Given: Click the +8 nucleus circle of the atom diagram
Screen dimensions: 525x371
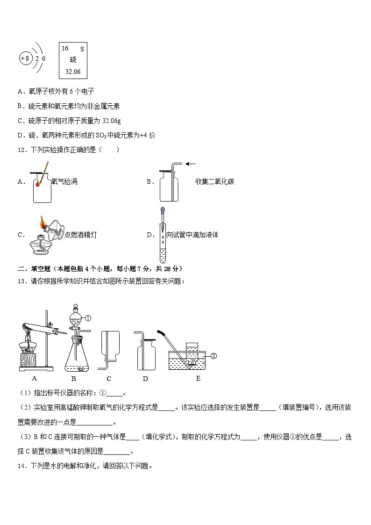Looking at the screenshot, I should [25, 59].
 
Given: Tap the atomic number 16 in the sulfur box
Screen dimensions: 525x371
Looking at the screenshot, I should [65, 49].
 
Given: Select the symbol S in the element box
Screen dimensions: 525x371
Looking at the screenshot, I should [82, 49].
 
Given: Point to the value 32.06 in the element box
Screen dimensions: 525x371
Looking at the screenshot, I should [73, 72].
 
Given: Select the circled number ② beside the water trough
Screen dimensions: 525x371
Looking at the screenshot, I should [214, 356].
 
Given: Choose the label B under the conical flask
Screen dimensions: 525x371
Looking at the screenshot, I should [73, 378].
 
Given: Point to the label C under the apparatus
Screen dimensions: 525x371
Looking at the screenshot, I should [108, 378].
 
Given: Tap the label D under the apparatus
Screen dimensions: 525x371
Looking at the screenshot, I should [145, 378].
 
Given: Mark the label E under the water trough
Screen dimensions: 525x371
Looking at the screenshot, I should [198, 378].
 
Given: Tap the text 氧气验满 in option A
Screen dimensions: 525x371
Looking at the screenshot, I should [64, 182].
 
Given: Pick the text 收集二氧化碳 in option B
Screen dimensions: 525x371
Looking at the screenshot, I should [214, 182].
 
